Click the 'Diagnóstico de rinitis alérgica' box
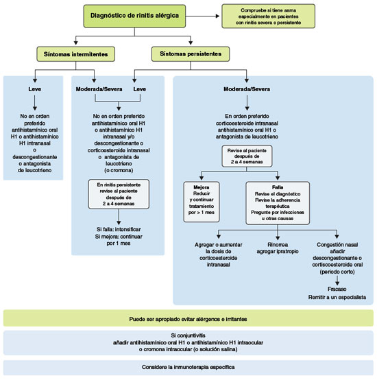(134, 16)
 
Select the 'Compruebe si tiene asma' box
(268, 16)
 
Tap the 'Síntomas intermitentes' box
(76, 54)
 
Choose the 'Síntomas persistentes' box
(191, 54)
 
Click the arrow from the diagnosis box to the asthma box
(202, 16)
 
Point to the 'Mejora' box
(202, 202)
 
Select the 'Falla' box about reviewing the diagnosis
(278, 203)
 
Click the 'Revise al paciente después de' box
(247, 156)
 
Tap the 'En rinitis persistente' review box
(119, 194)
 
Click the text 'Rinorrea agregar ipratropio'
(278, 248)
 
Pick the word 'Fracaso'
(337, 289)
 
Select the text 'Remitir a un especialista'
(337, 297)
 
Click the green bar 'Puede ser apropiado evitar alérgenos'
(188, 318)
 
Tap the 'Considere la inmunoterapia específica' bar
(188, 368)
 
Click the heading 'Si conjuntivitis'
(188, 335)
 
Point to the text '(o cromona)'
(119, 170)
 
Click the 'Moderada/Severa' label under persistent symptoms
(247, 89)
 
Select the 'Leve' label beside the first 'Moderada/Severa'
(139, 89)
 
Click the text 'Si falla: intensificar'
(119, 229)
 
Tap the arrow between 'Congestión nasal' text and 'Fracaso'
(337, 281)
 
